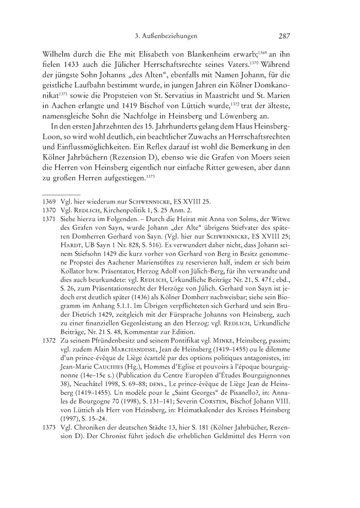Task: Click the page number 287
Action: pos(284,37)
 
